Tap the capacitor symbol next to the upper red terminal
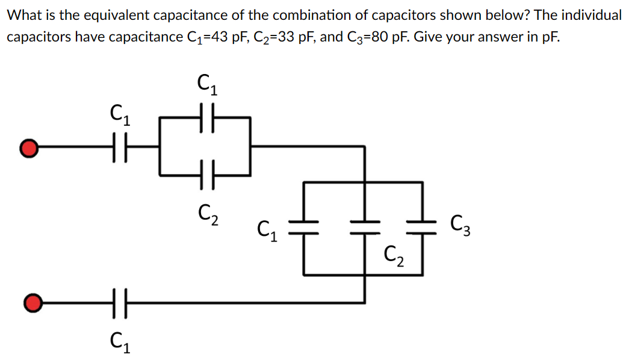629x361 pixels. click(119, 146)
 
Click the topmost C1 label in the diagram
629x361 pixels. click(208, 84)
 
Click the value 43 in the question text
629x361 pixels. click(218, 36)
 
